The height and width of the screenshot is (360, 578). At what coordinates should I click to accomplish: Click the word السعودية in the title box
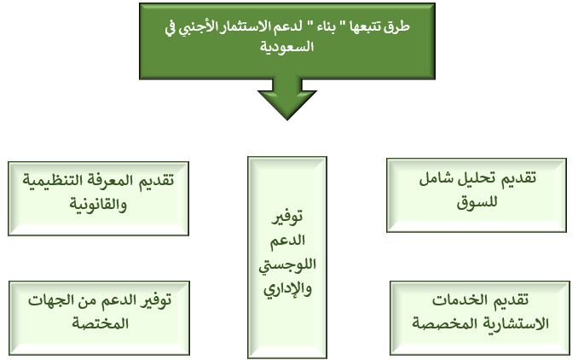point(286,47)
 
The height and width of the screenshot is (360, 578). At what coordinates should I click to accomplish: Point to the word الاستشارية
point(518,324)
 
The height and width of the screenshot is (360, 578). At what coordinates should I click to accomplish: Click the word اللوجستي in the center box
point(287,265)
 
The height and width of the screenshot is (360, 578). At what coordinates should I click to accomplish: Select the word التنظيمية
point(55,180)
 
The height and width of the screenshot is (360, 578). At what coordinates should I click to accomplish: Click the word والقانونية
point(98,205)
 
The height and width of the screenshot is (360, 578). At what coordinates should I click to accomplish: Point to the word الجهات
point(46,300)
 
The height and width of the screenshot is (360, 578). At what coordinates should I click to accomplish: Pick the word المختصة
point(100,324)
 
